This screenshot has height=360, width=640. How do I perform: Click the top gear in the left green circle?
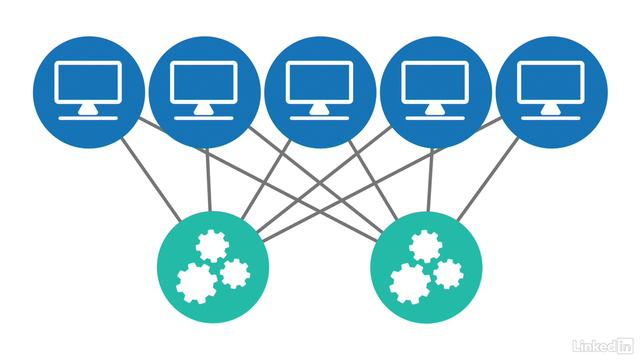click(x=211, y=245)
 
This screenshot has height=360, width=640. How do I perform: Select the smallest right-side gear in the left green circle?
click(x=234, y=272)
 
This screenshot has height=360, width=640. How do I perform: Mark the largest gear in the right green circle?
click(x=408, y=281)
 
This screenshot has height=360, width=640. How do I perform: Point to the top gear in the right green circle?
click(x=425, y=245)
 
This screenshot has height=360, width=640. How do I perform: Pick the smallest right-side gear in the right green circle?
click(x=448, y=272)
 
